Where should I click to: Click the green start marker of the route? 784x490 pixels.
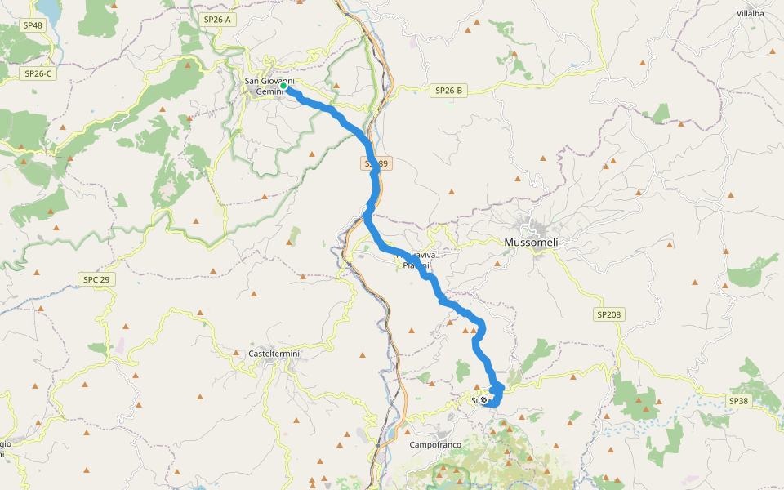click(x=283, y=85)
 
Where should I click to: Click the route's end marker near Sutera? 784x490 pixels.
click(x=483, y=399)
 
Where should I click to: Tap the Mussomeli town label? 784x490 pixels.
click(x=536, y=243)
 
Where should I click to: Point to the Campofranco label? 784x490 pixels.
click(x=435, y=445)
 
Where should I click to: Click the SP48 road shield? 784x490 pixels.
click(x=33, y=25)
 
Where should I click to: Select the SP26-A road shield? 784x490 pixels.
click(x=218, y=19)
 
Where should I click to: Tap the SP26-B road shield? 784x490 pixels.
click(x=448, y=91)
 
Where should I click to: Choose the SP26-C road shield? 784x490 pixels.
click(x=38, y=73)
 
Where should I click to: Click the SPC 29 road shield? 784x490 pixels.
click(x=96, y=279)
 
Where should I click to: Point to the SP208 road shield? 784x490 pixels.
click(x=608, y=313)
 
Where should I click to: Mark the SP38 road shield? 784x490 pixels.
click(x=738, y=401)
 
